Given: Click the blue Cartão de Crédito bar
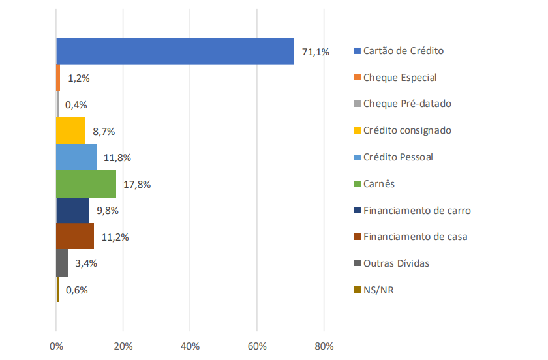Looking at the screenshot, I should point(175,52).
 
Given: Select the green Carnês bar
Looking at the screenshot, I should point(86,184).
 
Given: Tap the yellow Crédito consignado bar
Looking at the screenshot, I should point(70,130).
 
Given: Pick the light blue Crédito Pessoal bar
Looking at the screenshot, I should point(76,157).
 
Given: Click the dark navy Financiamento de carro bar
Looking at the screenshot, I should point(72,210).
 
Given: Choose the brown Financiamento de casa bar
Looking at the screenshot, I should point(75,237).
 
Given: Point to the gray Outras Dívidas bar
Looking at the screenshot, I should point(62,263).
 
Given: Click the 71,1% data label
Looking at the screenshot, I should point(315,52).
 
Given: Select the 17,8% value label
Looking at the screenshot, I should point(136,184).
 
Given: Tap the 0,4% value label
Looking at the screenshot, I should point(76,104).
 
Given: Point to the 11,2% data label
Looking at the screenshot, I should point(115,237).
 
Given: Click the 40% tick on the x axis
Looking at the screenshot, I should point(190,346).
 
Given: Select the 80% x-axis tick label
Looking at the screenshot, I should point(324,346).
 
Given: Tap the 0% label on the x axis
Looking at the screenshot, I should point(56,346).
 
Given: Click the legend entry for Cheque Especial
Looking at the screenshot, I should point(399,77).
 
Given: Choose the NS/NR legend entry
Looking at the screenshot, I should point(378,290).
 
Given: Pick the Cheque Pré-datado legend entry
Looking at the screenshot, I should point(406,104).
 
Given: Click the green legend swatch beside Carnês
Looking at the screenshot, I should point(357,184).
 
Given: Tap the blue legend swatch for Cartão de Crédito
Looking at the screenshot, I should point(357,51).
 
